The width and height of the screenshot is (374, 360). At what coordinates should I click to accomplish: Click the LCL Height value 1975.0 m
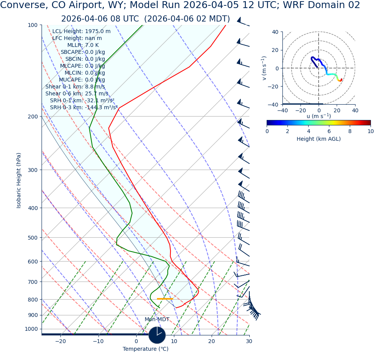(x=98, y=32)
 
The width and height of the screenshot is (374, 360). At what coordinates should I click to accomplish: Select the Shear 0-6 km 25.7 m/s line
(x=77, y=94)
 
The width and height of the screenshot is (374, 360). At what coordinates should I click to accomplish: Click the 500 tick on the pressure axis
(x=33, y=238)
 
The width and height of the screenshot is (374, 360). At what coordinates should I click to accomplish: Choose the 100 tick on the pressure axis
(x=33, y=25)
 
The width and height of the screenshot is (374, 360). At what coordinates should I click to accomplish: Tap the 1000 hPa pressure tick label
(x=31, y=329)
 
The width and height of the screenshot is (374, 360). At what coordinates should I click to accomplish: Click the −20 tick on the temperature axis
(x=60, y=342)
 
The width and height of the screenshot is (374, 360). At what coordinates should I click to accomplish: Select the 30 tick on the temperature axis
(x=249, y=342)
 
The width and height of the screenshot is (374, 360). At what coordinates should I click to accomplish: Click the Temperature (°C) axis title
(x=145, y=349)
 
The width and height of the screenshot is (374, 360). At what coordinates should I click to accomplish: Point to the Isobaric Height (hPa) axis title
(x=19, y=180)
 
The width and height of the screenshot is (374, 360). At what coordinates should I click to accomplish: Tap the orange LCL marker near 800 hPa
(x=165, y=299)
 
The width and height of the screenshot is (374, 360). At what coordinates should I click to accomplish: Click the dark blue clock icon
(x=157, y=335)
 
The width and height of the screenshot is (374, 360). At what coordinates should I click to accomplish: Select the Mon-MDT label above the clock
(x=157, y=320)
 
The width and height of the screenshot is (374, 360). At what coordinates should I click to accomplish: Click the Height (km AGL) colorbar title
(x=319, y=139)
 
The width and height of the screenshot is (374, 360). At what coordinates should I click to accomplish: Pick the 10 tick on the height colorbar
(x=370, y=131)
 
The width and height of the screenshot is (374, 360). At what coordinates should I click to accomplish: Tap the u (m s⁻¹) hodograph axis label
(x=319, y=116)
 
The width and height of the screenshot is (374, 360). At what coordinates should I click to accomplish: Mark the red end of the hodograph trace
(x=341, y=80)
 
